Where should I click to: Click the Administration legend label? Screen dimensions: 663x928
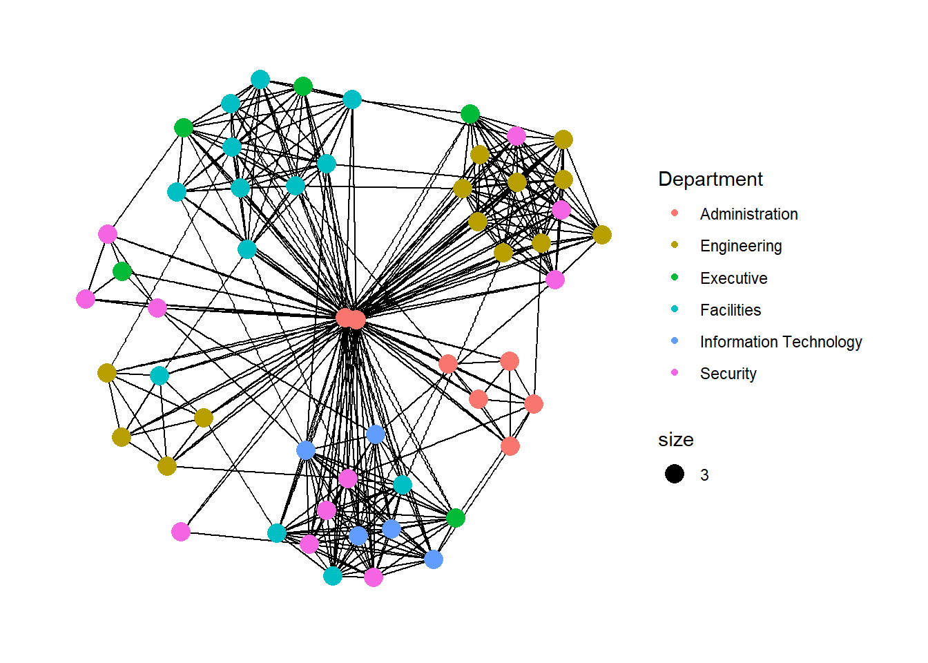pos(748,214)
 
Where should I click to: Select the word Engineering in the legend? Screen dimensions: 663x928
pos(741,246)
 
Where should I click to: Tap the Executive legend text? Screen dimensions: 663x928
pos(733,278)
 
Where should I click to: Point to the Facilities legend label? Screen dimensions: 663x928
pos(731,310)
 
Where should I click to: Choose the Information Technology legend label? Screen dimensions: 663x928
pos(780,342)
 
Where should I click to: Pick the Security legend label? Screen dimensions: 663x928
pos(728,374)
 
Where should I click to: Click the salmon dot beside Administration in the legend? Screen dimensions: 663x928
pos(675,213)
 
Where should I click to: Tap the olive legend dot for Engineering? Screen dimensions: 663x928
pos(675,245)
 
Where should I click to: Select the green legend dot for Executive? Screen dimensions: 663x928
pos(675,277)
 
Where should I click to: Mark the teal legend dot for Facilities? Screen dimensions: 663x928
pos(675,309)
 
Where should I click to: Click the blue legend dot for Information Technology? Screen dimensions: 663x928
pos(675,340)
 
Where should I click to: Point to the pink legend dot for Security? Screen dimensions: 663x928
pos(675,372)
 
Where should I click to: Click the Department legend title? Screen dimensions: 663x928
pos(710,180)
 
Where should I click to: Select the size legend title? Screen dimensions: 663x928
pos(675,440)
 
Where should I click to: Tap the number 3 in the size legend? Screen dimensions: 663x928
pos(704,475)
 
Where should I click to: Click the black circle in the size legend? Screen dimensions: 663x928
pos(675,474)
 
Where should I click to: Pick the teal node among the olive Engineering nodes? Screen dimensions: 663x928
pos(159,375)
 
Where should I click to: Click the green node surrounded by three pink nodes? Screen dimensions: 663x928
pos(122,271)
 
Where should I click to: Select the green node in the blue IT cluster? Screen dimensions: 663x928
pos(455,517)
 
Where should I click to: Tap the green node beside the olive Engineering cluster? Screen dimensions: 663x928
pos(470,114)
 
